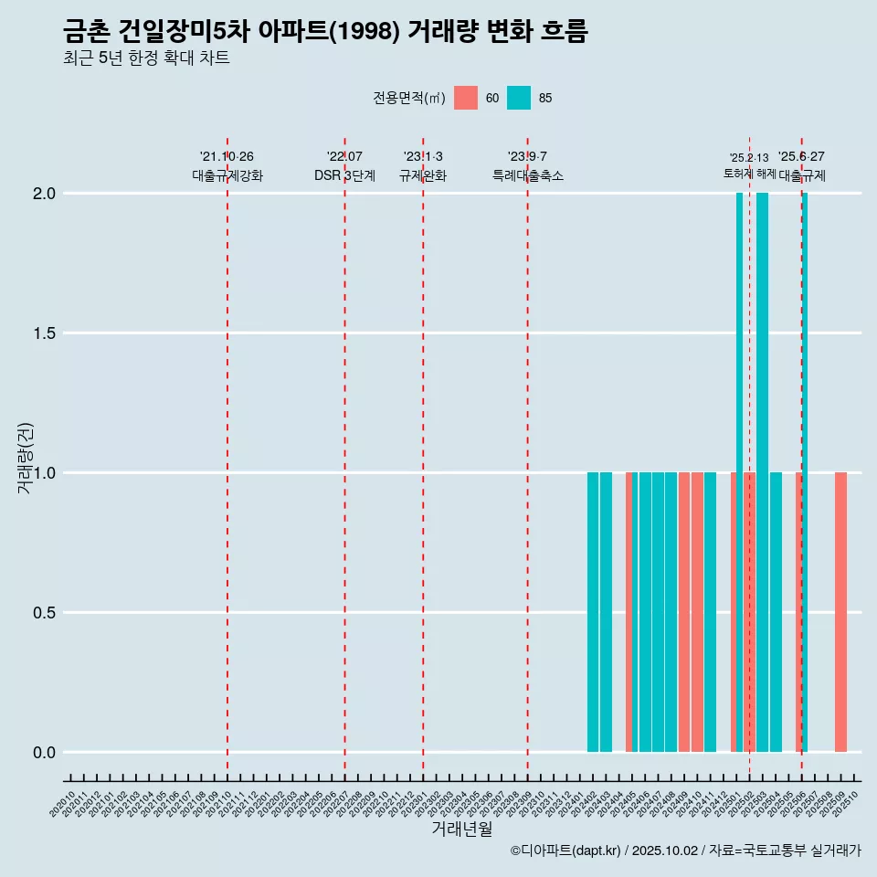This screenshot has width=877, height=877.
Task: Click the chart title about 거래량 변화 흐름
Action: coord(325,32)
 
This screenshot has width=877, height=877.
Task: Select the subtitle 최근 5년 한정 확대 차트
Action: coord(146,58)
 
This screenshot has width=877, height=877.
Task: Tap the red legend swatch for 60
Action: coord(466,98)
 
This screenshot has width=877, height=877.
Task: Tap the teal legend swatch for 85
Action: coord(519,98)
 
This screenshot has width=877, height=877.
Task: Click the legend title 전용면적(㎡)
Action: coord(408,98)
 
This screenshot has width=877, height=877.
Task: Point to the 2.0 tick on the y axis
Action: coord(45,194)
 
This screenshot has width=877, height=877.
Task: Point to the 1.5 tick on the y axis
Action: coord(45,333)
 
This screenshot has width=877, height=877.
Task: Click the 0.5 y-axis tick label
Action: coord(45,613)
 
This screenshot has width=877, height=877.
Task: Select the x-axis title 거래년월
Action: coord(461,829)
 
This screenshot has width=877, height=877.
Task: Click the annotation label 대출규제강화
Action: coord(227,175)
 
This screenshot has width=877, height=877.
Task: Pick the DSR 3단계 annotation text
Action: coord(344,175)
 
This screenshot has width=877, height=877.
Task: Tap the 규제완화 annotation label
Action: coord(423,175)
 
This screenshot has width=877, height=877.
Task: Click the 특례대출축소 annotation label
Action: coord(528,175)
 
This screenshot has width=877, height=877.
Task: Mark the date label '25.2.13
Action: coord(749,158)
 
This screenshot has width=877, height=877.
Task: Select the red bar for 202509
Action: coord(840,612)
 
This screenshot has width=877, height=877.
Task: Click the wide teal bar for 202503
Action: coord(762,472)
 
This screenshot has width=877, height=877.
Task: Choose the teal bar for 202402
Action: coord(593,612)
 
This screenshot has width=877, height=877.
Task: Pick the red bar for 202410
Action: coord(697,612)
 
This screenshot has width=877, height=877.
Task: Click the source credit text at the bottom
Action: coord(685,851)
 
